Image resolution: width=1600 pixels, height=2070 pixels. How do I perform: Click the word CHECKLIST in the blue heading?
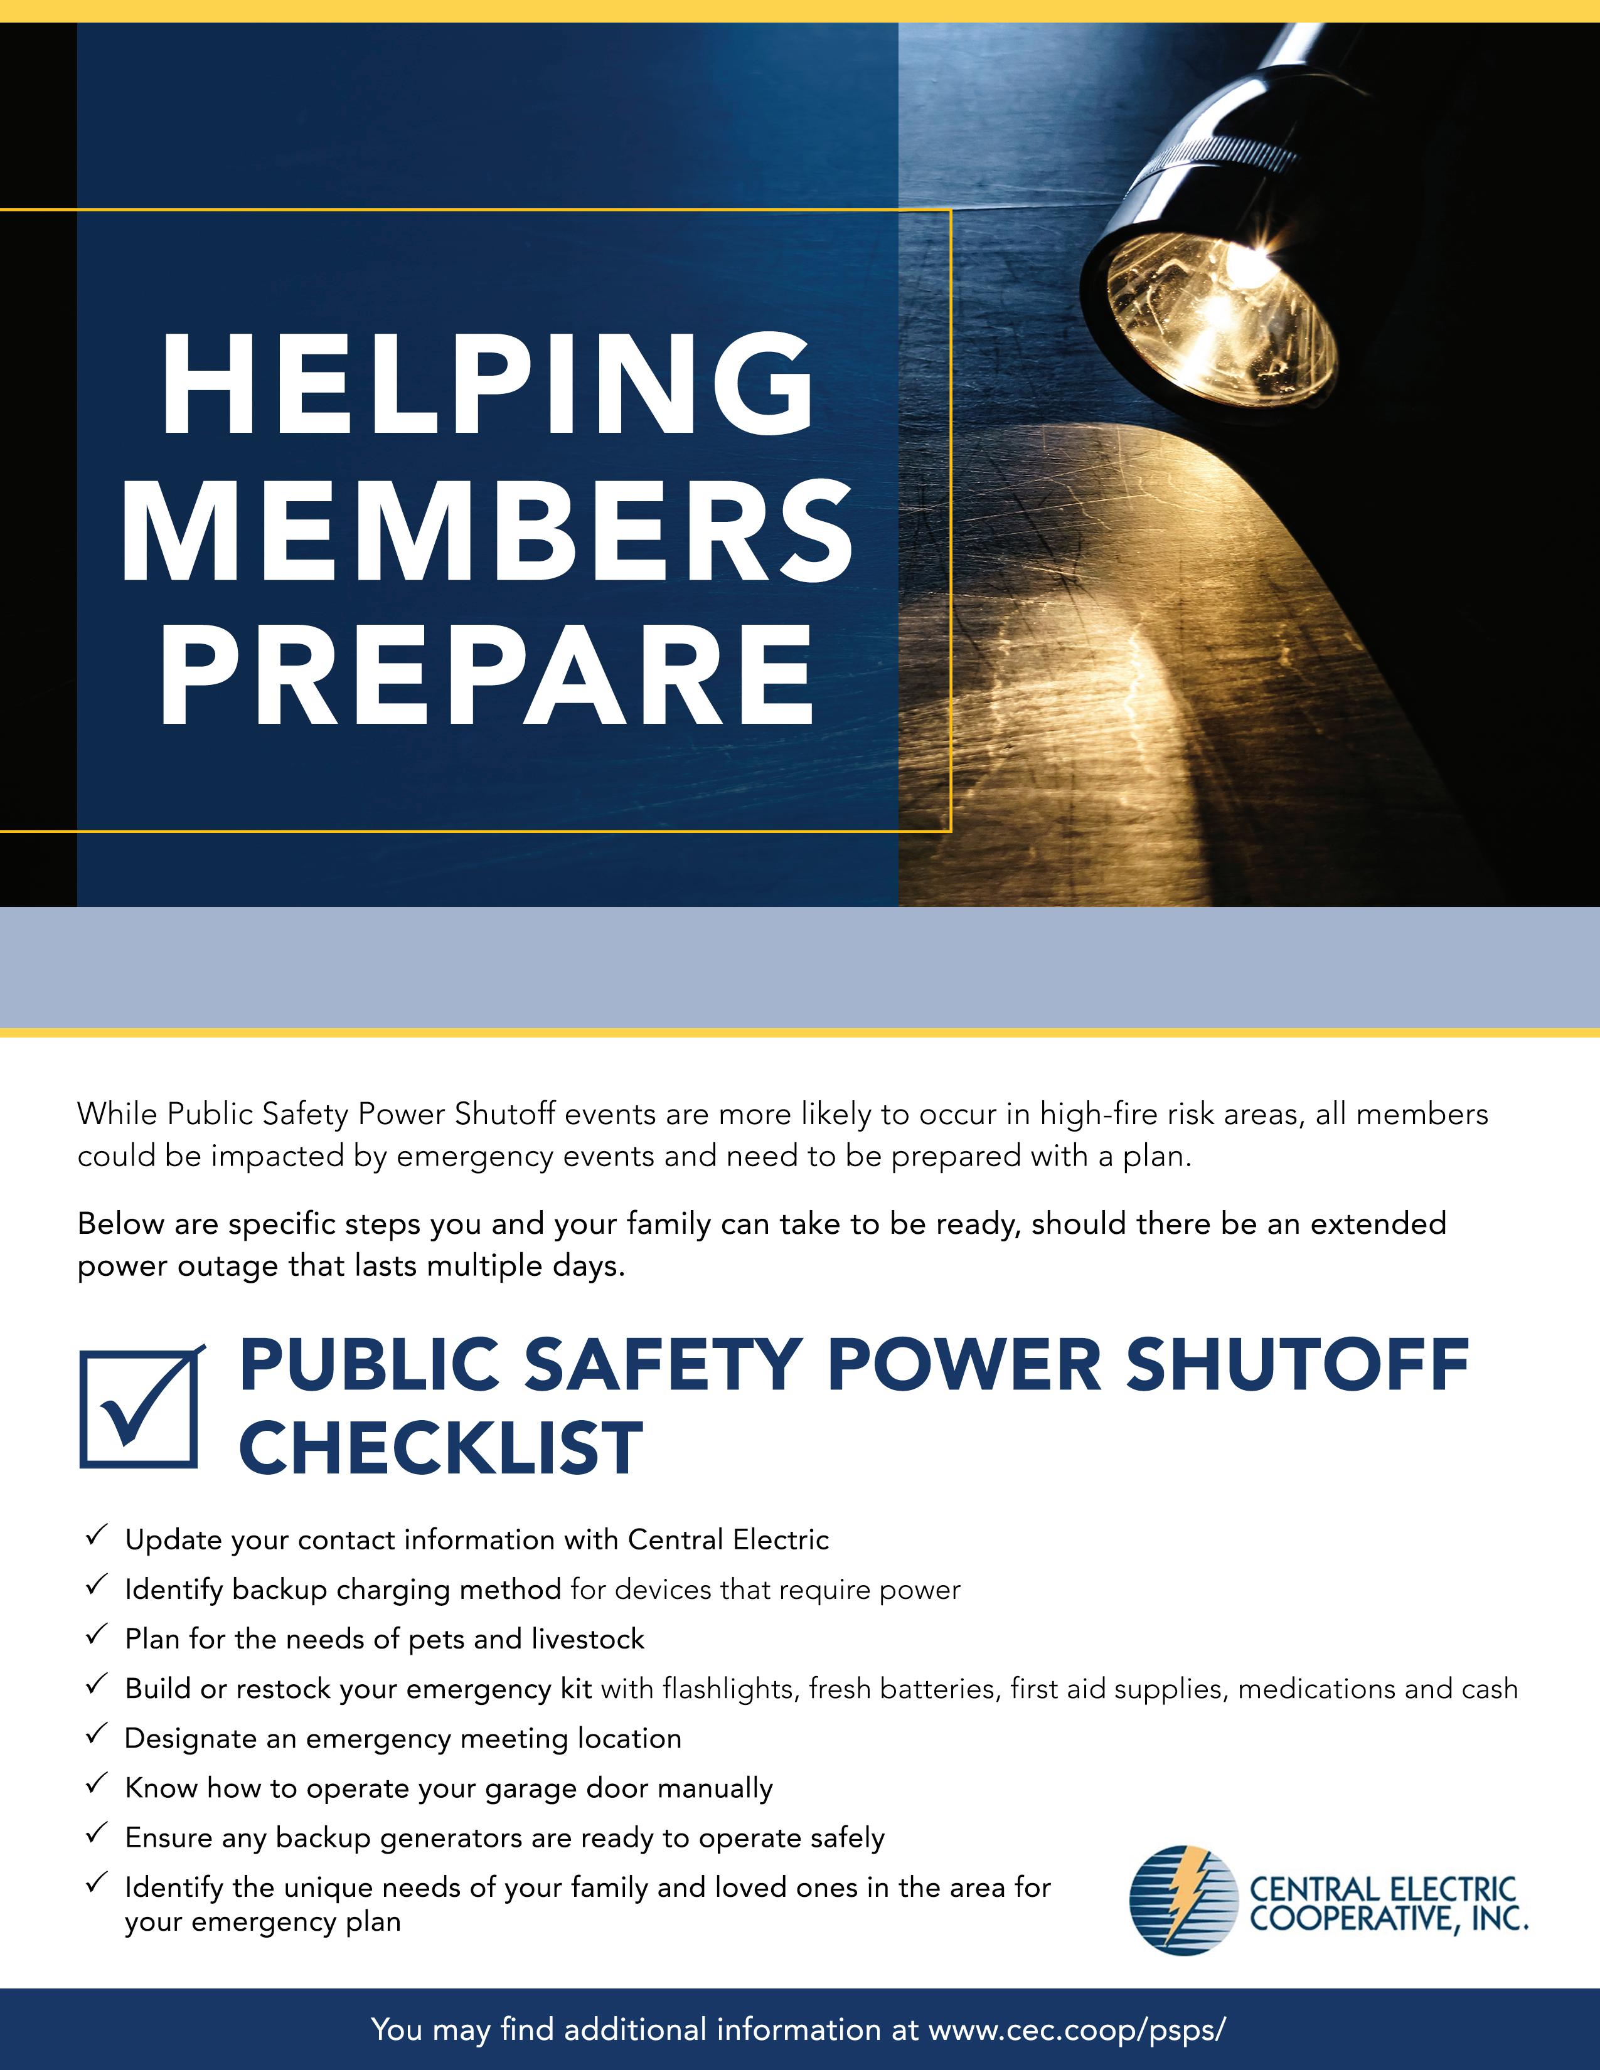[x=440, y=1449]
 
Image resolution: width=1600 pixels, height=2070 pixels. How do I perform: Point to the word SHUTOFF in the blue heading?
[x=1297, y=1366]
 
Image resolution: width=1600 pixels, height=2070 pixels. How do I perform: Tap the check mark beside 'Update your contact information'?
[x=96, y=1536]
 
